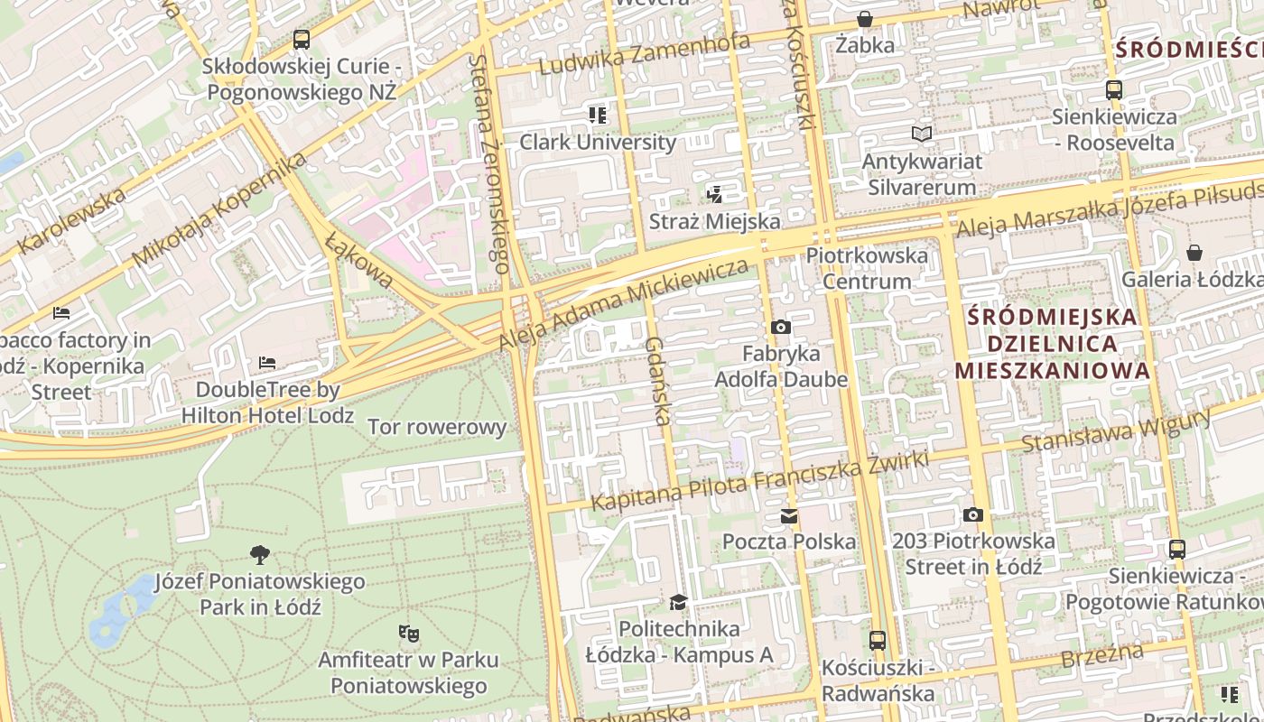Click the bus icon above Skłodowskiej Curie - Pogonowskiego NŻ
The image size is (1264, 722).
(x=302, y=40)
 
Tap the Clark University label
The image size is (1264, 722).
(x=597, y=142)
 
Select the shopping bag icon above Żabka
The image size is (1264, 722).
(x=865, y=19)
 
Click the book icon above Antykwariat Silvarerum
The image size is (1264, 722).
(x=921, y=134)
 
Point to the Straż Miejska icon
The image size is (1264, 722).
(x=715, y=194)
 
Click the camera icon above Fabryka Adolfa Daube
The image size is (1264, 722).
(x=781, y=327)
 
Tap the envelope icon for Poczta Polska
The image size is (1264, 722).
(x=789, y=516)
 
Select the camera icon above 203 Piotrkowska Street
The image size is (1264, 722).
(x=972, y=514)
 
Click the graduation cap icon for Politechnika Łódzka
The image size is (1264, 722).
(x=678, y=602)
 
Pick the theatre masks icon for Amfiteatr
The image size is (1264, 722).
(x=408, y=634)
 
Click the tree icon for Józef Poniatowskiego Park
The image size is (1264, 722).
(x=260, y=555)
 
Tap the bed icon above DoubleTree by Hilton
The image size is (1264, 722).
(x=267, y=363)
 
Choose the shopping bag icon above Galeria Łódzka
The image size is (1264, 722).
(x=1194, y=253)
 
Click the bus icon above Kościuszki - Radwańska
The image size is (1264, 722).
(x=877, y=641)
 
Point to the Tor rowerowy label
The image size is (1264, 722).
(x=437, y=427)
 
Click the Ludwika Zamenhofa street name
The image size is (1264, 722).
(x=645, y=55)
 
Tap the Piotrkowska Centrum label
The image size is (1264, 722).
(x=867, y=268)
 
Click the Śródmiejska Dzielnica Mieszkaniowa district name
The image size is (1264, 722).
(x=1052, y=344)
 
